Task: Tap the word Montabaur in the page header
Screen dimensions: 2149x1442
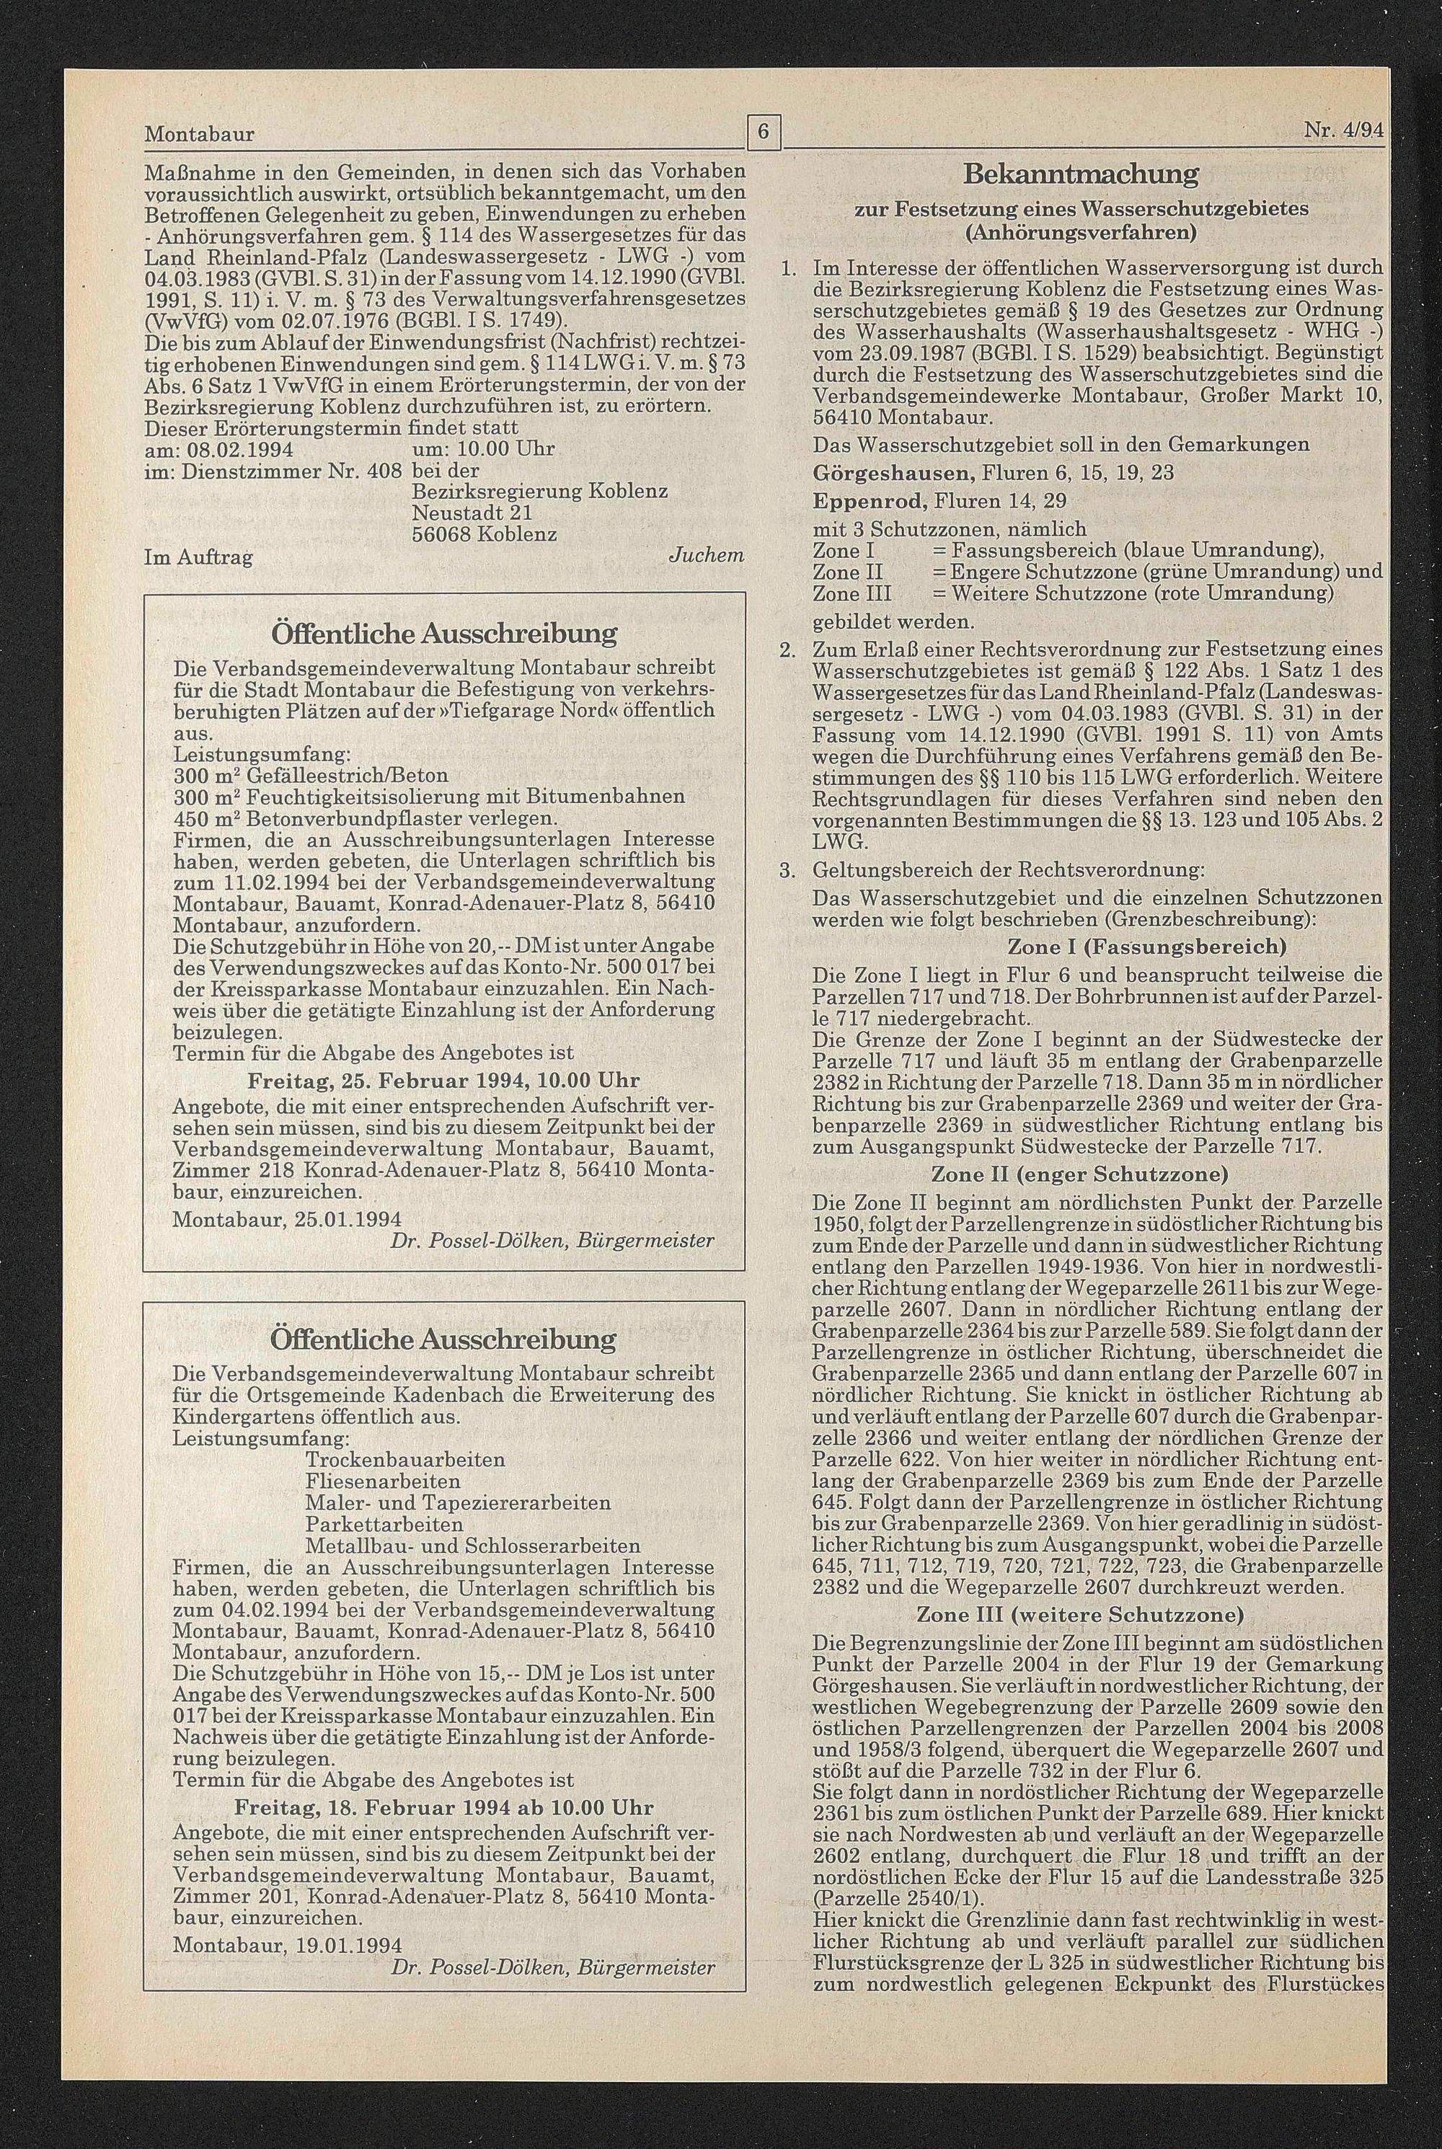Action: click(200, 134)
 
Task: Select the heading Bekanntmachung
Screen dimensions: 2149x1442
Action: click(1081, 174)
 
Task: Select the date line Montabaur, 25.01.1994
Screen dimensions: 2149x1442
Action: click(286, 1218)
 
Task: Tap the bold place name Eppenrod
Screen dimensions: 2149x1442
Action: click(869, 501)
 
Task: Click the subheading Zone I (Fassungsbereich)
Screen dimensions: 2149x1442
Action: click(1147, 947)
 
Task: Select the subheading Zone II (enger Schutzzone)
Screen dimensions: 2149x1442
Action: click(1079, 1174)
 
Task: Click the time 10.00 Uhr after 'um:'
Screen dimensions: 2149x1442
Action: click(504, 450)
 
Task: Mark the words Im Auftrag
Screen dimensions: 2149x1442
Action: click(199, 557)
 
